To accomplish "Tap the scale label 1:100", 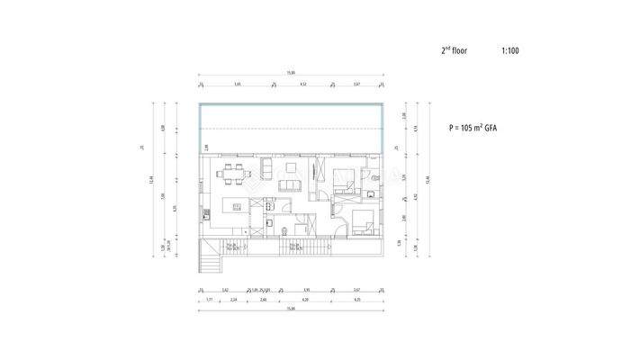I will [510, 51].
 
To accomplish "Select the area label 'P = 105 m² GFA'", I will [473, 129].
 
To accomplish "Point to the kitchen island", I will [237, 206].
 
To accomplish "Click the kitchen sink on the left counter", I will [205, 213].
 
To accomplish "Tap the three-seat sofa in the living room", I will [290, 186].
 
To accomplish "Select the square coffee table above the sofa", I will [291, 166].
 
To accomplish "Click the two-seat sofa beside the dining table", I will [267, 169].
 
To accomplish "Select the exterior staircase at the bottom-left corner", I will [210, 263].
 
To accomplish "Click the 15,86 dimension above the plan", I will [290, 73].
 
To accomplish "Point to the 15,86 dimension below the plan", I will [290, 310].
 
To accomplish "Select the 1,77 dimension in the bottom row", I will [208, 300].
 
